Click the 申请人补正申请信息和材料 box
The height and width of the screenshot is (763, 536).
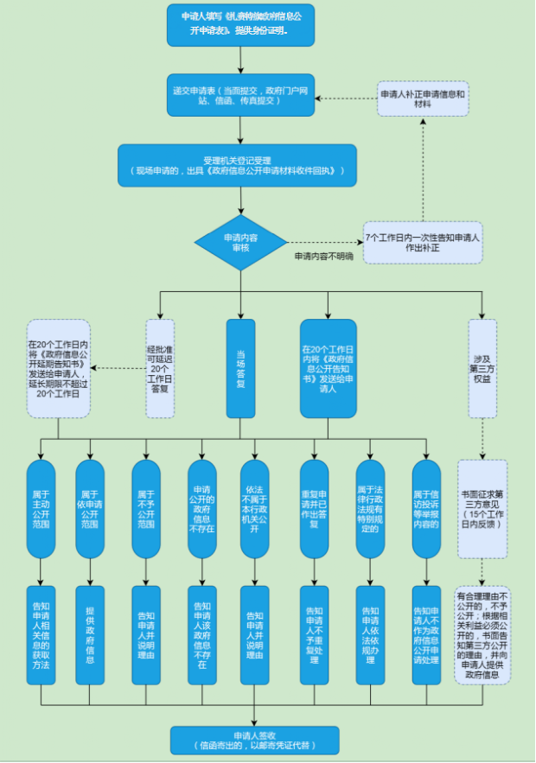tap(423, 99)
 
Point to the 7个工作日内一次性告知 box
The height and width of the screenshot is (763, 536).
tap(422, 242)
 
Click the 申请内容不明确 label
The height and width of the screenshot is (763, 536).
tap(323, 257)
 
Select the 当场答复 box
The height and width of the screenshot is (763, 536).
tap(240, 368)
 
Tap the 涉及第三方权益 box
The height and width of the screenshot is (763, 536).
tap(482, 368)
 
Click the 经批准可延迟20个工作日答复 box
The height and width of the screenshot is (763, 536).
tap(160, 368)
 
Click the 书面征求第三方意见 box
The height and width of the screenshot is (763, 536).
tap(482, 508)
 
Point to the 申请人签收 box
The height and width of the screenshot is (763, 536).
tap(254, 740)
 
